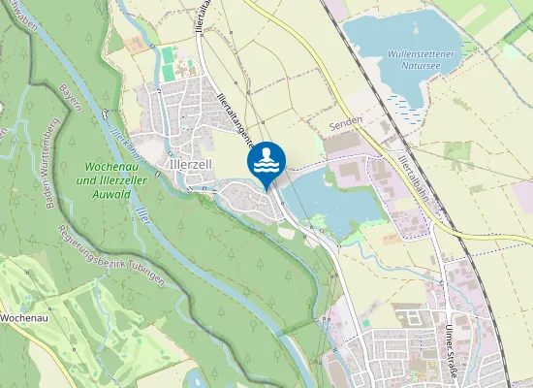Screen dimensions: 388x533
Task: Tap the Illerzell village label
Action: click(190, 165)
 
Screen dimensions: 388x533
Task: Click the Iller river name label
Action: click(142, 214)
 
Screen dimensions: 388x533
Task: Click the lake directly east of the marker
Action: click(329, 199)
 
